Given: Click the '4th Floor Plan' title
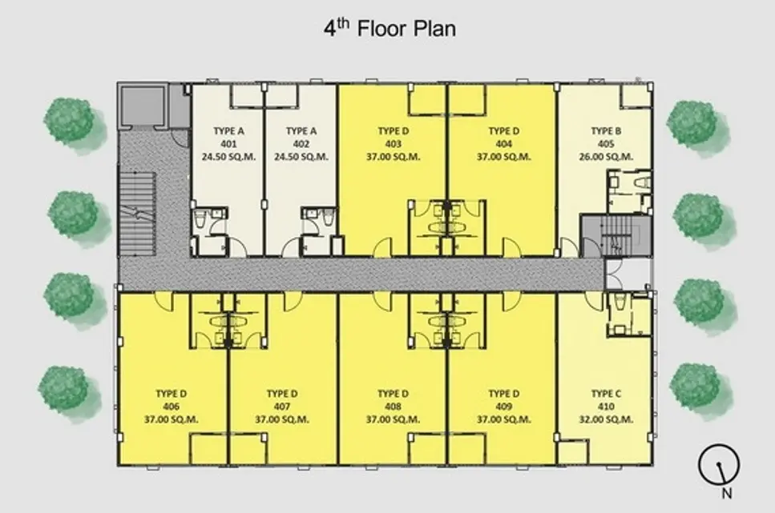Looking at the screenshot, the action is (x=390, y=28).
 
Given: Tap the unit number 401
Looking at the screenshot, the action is (x=228, y=144).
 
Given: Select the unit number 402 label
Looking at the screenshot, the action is (x=301, y=144).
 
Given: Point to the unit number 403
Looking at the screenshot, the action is (x=393, y=144).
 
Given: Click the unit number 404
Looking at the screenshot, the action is (x=503, y=144).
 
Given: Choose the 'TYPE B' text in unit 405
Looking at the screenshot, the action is (x=606, y=130).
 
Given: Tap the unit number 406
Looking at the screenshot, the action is (x=171, y=407).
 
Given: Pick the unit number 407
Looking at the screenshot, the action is (x=282, y=407).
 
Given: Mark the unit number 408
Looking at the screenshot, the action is (x=393, y=407).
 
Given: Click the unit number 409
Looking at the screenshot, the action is (x=503, y=407).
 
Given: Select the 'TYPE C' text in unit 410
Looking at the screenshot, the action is (x=606, y=394).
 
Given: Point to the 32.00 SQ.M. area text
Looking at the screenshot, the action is (x=606, y=419).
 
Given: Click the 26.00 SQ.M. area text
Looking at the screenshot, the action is (x=606, y=157).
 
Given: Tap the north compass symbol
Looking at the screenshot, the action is (x=719, y=464).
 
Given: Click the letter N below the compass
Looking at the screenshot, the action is (x=727, y=493).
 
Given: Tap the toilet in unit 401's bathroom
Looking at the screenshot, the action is (x=200, y=218).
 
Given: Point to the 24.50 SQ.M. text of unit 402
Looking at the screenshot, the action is (x=301, y=157).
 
